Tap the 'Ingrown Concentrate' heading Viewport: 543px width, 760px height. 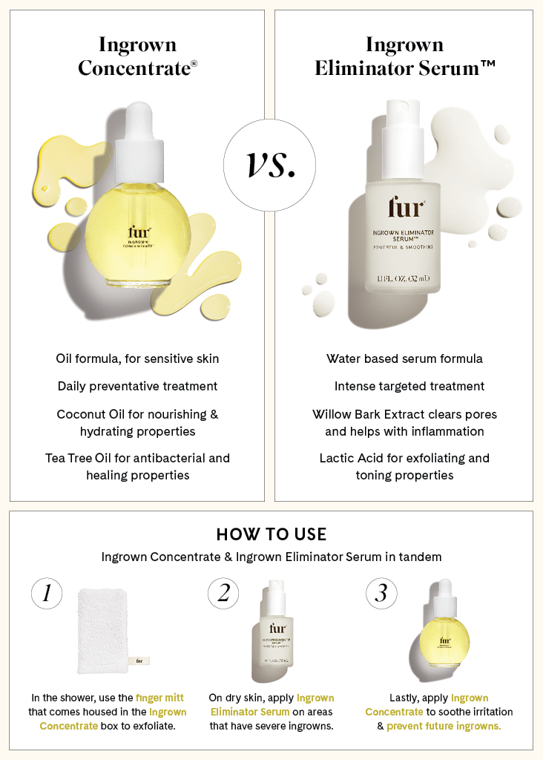tap(137, 56)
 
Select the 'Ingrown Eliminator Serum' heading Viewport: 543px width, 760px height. tap(404, 56)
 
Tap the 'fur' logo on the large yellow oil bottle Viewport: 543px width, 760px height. tap(138, 232)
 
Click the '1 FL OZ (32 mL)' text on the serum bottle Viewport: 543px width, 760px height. tap(404, 278)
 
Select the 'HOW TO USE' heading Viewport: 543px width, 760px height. tap(271, 534)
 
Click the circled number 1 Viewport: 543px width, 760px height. tap(47, 593)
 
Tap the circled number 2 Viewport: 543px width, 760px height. tap(224, 593)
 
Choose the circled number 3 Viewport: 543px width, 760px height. tap(381, 593)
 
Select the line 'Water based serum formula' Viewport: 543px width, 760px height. tap(404, 358)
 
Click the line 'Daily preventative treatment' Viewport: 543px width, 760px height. tap(137, 386)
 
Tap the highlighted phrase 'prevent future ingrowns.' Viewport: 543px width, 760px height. tap(443, 726)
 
